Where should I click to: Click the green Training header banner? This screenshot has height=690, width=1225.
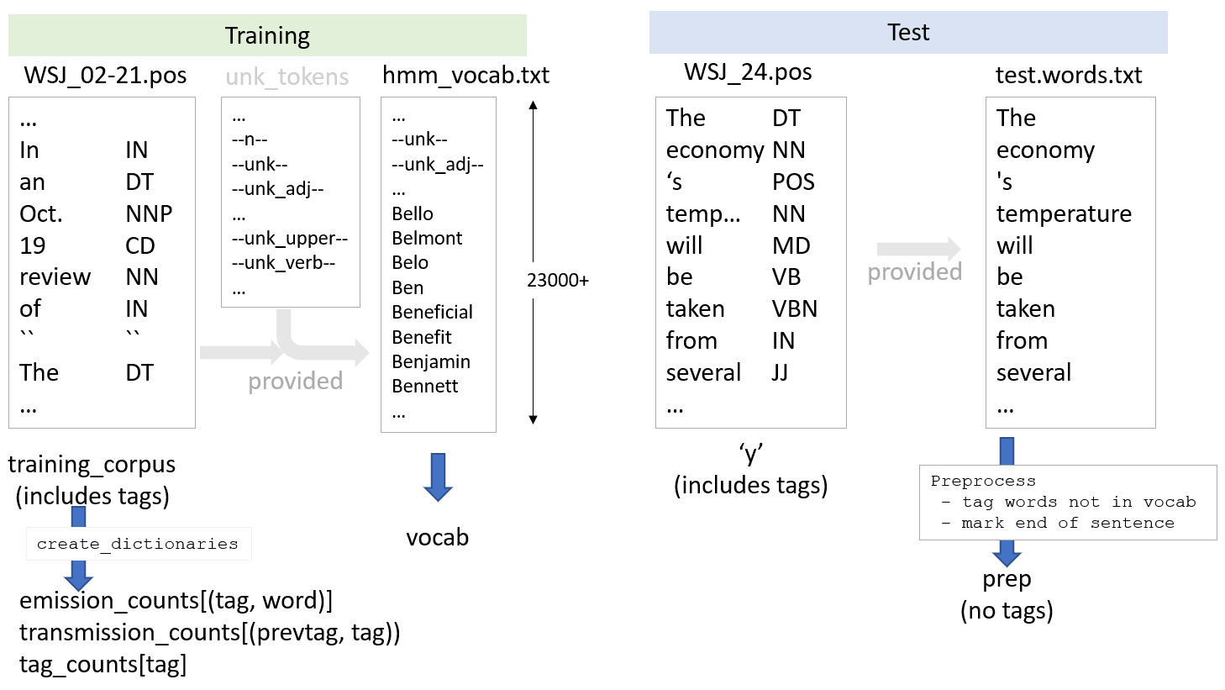267,35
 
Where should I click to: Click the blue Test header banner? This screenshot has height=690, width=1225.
907,33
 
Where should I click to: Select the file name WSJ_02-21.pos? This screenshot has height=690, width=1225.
105,76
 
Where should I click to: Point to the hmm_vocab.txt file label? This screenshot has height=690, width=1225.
465,76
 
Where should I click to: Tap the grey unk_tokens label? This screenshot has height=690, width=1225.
287,77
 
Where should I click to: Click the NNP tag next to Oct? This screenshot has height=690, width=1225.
149,213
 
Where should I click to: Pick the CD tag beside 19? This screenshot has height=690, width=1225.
139,245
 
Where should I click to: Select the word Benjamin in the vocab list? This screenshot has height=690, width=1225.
431,361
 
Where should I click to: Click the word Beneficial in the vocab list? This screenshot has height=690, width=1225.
432,312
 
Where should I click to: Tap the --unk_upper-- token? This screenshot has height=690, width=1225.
289,238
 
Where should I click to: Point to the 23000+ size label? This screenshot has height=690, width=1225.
558,281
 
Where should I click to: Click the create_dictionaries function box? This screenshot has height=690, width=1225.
138,544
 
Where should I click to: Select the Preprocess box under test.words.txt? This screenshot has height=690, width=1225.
1067,502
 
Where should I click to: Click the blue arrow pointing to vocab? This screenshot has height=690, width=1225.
438,477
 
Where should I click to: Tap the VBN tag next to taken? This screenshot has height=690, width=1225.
794,309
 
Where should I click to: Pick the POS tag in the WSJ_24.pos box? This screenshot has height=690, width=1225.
793,182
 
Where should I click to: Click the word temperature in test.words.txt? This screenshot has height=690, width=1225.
1064,213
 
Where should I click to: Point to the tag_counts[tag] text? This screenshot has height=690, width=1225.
103,665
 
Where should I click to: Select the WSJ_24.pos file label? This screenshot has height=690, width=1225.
748,72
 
